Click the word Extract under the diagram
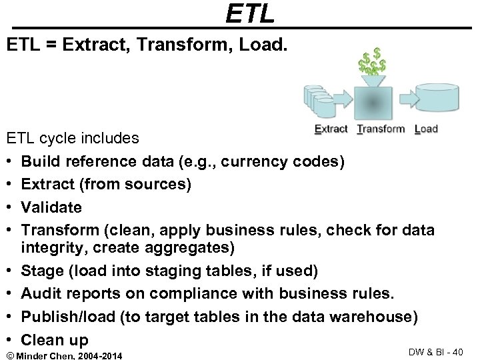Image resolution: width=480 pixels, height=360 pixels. [331, 129]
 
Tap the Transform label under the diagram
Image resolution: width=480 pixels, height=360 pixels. [381, 129]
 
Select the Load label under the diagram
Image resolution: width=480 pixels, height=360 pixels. [426, 129]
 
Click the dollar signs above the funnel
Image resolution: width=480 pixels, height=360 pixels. [372, 60]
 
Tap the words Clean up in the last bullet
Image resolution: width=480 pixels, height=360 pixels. [55, 340]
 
